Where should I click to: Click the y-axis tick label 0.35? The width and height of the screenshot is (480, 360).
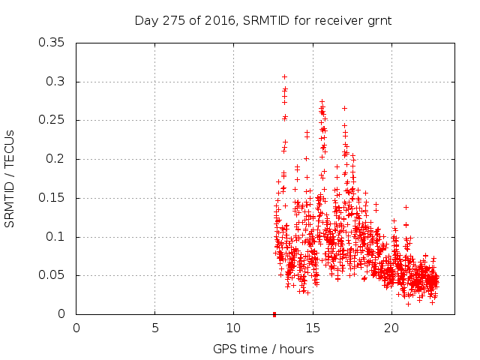click(x=53, y=42)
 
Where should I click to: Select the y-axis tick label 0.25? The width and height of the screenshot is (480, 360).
click(x=53, y=120)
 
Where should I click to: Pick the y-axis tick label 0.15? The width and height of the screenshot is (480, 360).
click(x=53, y=198)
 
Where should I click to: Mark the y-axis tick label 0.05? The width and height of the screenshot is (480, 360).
click(x=53, y=275)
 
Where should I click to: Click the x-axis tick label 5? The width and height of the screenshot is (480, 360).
click(x=155, y=328)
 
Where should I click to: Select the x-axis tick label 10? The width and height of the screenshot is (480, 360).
click(x=233, y=328)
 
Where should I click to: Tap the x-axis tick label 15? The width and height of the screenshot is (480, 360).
click(x=312, y=328)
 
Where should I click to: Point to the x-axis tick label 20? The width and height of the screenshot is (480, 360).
click(x=391, y=328)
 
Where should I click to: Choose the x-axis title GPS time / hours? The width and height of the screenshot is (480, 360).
click(x=263, y=349)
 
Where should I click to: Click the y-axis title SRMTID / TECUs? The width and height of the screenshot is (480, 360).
click(x=10, y=178)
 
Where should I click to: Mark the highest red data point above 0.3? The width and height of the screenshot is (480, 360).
click(x=284, y=76)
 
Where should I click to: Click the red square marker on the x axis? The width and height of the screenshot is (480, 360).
click(x=274, y=314)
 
